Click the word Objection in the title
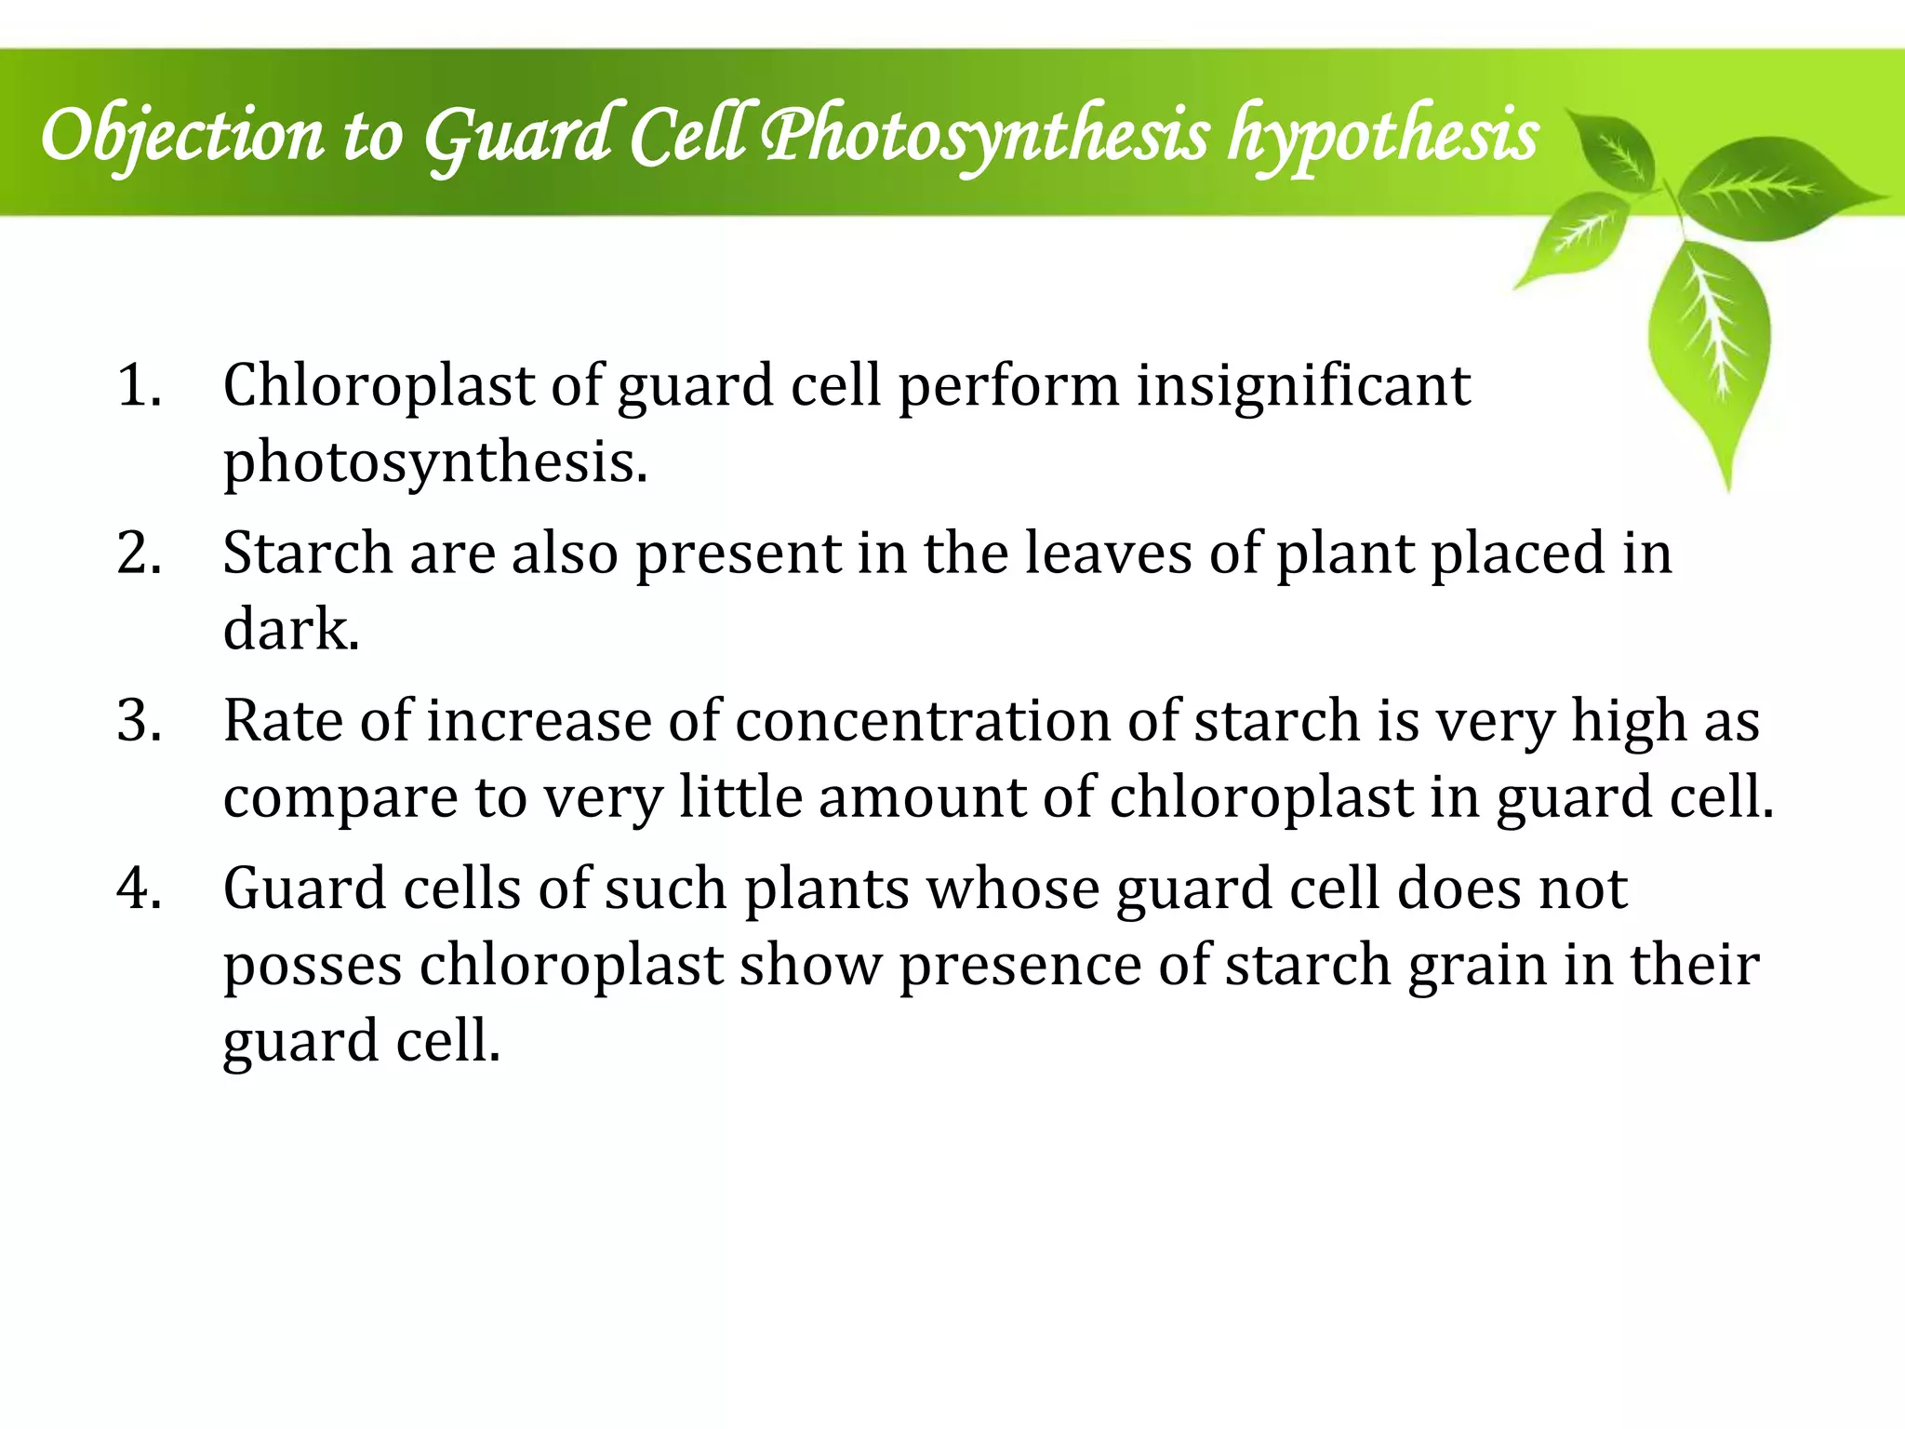(182, 136)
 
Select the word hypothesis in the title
(1383, 136)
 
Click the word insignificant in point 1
(1303, 385)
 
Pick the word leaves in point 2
(1108, 553)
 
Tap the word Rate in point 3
(283, 720)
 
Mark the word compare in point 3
(340, 797)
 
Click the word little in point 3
(739, 797)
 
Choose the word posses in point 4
(313, 965)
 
